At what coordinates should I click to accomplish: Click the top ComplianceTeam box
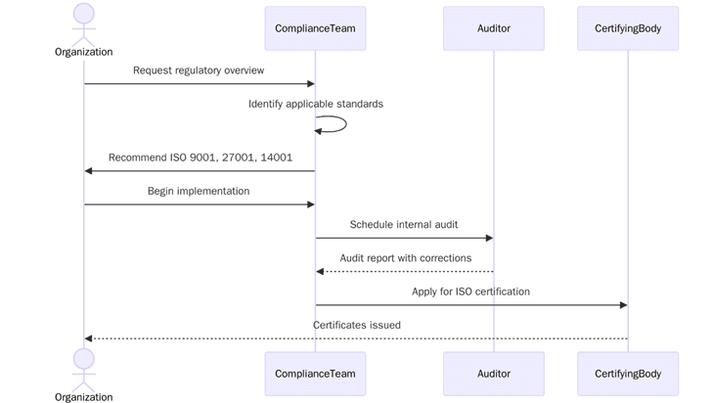pyautogui.click(x=315, y=28)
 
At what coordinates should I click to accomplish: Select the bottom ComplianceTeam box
pyautogui.click(x=315, y=374)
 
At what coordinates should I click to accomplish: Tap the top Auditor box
pyautogui.click(x=493, y=28)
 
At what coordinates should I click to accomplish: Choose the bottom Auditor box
pyautogui.click(x=493, y=374)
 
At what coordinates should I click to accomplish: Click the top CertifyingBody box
pyautogui.click(x=628, y=28)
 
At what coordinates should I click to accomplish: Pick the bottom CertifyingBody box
pyautogui.click(x=628, y=374)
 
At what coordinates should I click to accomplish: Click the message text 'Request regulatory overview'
pyautogui.click(x=199, y=70)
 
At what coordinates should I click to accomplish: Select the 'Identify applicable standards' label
pyautogui.click(x=315, y=104)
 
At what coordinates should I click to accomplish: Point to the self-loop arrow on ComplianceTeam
pyautogui.click(x=338, y=124)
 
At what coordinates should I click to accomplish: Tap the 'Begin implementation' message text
pyautogui.click(x=199, y=191)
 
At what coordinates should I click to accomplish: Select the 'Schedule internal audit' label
pyautogui.click(x=404, y=224)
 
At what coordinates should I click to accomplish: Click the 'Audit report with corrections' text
pyautogui.click(x=405, y=258)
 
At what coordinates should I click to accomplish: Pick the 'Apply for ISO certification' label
pyautogui.click(x=470, y=291)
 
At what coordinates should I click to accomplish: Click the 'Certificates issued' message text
pyautogui.click(x=356, y=325)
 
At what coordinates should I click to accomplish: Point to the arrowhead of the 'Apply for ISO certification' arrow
pyautogui.click(x=622, y=305)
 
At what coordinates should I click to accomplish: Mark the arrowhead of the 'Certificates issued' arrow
pyautogui.click(x=89, y=338)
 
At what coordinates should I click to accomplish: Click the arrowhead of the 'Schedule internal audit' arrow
pyautogui.click(x=488, y=238)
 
